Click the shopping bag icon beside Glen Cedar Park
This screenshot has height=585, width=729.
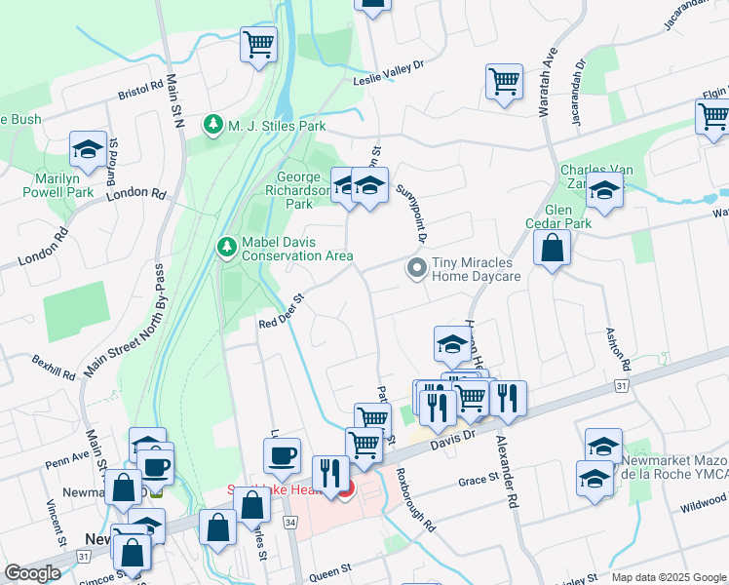553,249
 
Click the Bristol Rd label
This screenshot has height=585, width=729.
140,90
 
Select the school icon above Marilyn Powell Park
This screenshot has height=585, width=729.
89,151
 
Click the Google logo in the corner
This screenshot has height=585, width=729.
33,572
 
